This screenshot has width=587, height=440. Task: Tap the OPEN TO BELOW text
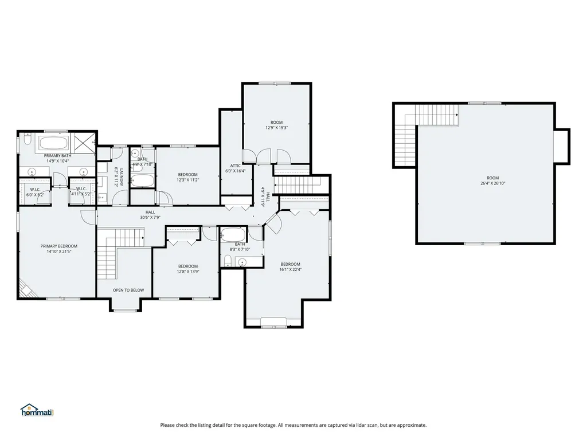click(128, 290)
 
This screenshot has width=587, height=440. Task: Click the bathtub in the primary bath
click(54, 143)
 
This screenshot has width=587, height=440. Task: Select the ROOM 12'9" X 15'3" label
click(277, 125)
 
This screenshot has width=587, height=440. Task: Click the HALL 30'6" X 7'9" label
click(150, 215)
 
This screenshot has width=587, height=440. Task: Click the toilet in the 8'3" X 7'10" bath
click(228, 261)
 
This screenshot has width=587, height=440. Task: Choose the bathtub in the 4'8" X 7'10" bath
click(143, 182)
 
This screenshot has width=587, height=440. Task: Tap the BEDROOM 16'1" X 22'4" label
click(290, 267)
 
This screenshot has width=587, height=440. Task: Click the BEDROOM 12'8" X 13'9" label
click(187, 269)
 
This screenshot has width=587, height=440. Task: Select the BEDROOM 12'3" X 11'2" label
click(187, 177)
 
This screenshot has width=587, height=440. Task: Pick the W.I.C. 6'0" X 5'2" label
click(34, 192)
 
